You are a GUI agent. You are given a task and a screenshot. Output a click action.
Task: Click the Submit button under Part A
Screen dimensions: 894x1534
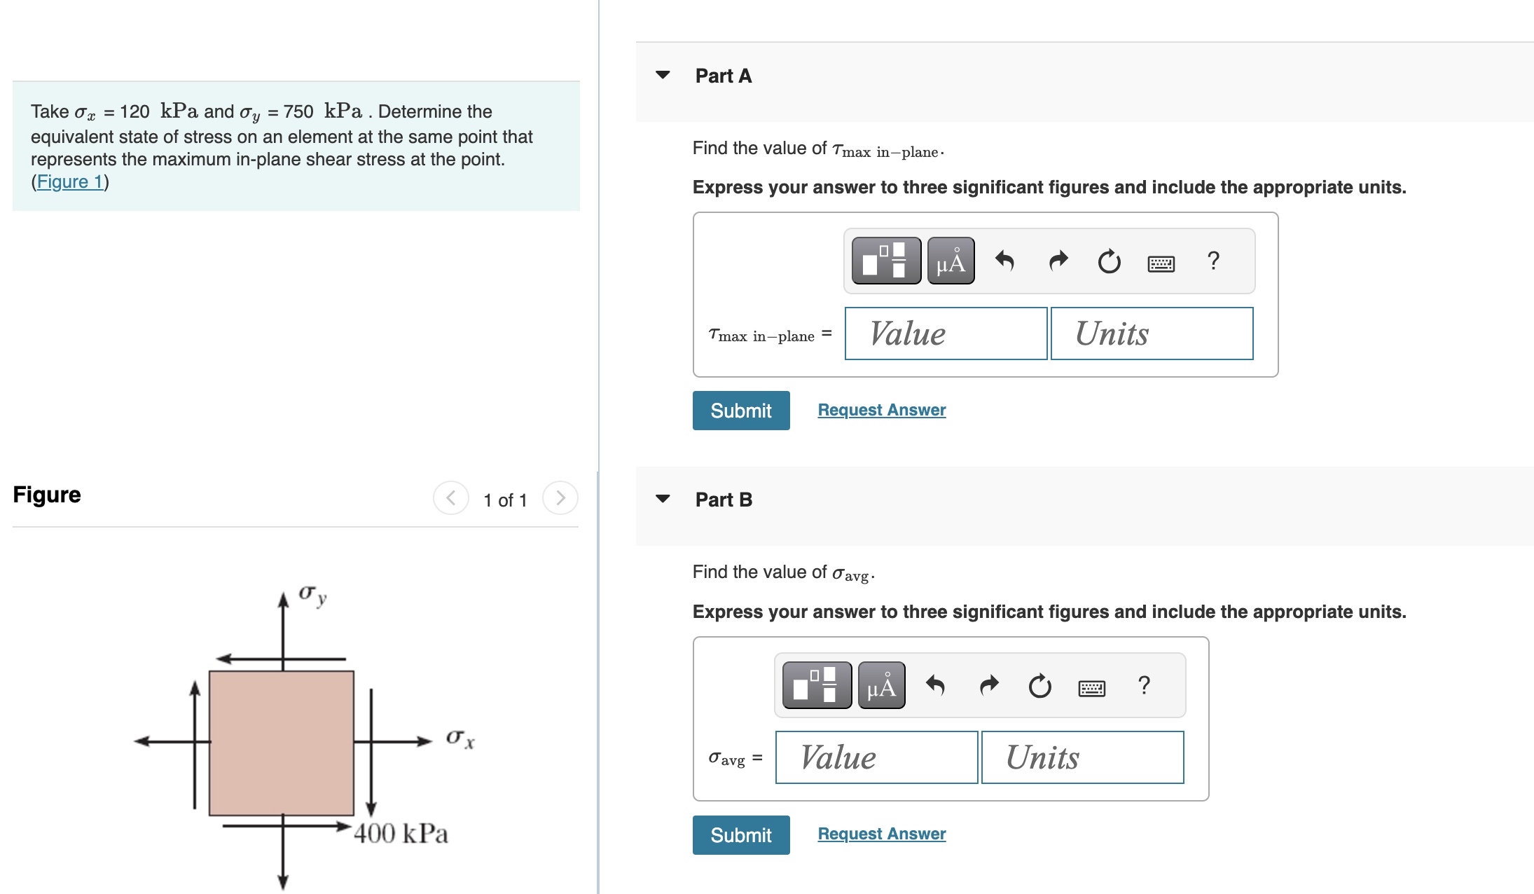click(740, 411)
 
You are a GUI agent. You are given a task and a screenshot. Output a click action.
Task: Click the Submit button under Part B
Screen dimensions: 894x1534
click(740, 834)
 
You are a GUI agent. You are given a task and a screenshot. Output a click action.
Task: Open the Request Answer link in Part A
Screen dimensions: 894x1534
click(881, 410)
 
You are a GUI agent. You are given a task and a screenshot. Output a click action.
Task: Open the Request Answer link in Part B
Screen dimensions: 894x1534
click(881, 834)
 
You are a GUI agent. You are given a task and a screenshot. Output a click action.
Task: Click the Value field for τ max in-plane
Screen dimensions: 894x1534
click(946, 333)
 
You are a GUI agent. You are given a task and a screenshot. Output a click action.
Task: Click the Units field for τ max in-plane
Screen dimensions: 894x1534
click(1152, 333)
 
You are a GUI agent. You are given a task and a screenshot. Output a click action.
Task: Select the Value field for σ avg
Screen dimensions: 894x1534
click(876, 757)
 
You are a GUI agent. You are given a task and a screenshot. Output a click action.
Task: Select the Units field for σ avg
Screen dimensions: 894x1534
click(1082, 757)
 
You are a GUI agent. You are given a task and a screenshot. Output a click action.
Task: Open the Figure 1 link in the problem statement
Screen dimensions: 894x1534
click(70, 182)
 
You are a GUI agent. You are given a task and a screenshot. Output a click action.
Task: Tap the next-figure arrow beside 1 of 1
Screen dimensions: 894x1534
click(560, 498)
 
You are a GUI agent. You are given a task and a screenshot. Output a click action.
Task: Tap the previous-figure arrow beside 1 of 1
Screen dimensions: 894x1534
click(451, 498)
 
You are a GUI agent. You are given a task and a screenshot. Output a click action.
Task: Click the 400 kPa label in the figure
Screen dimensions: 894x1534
click(401, 833)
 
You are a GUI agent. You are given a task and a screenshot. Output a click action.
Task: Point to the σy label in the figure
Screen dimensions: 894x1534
click(312, 595)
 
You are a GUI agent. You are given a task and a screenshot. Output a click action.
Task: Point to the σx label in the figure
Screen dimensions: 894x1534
click(460, 738)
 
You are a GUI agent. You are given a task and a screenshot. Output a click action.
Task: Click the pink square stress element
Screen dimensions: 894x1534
click(282, 743)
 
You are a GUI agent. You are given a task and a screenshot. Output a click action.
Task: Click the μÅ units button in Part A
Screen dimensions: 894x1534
click(951, 261)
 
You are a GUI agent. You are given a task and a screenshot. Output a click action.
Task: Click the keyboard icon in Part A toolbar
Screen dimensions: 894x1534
click(1161, 263)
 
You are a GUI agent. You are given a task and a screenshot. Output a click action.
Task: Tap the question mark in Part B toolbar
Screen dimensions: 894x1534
click(1144, 685)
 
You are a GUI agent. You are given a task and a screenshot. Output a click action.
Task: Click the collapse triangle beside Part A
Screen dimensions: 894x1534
click(663, 75)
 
